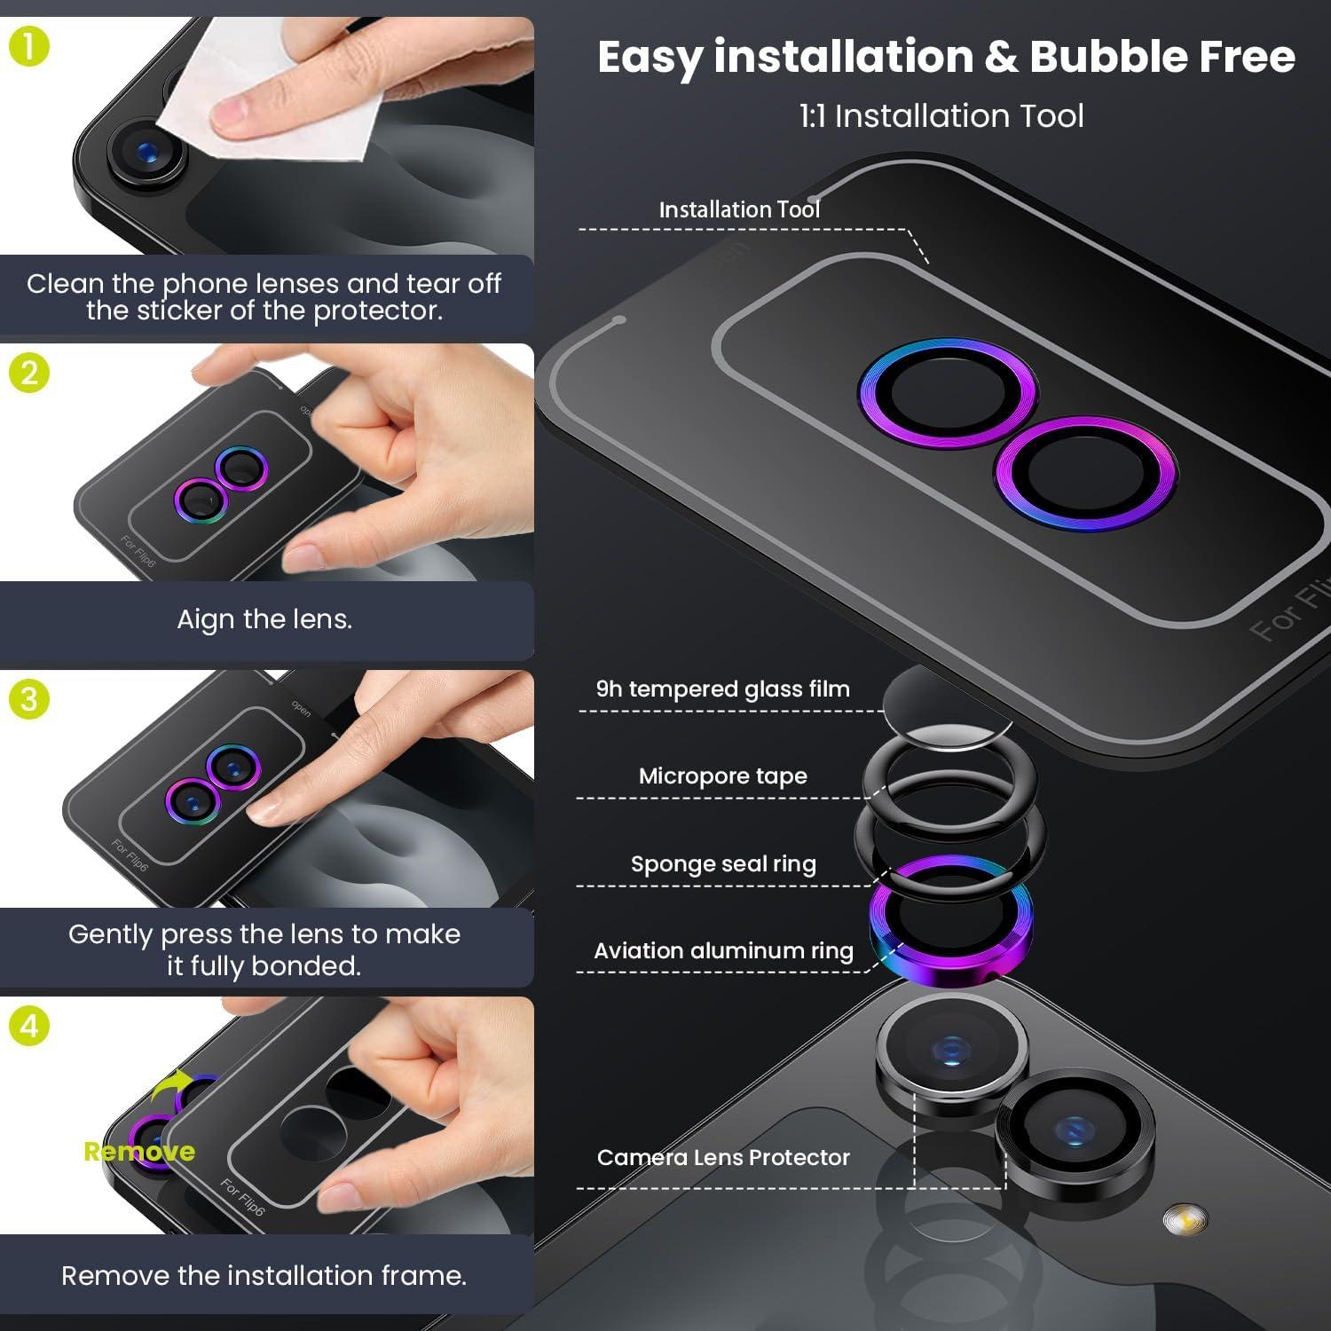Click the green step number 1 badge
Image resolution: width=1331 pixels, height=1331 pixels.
pos(28,46)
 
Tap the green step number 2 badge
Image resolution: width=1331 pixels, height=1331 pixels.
pos(28,373)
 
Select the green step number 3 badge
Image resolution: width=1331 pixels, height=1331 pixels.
pos(28,699)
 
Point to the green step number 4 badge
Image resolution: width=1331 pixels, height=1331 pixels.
pos(28,1027)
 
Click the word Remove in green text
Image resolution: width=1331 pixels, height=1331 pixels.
pos(139,1152)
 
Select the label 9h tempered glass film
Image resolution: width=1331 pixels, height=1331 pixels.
pos(723,689)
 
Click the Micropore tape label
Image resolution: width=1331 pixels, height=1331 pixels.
pos(723,776)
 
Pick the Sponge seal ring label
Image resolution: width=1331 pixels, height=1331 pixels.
pos(723,863)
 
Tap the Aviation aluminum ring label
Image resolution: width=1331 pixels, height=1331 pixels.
pos(723,950)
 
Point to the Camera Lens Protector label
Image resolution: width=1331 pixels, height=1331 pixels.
pos(723,1157)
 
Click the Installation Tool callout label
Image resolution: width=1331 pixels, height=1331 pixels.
pos(739,209)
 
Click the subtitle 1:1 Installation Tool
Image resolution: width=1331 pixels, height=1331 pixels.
pos(941,116)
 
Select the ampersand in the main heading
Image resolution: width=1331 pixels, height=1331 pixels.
pos(1001,57)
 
